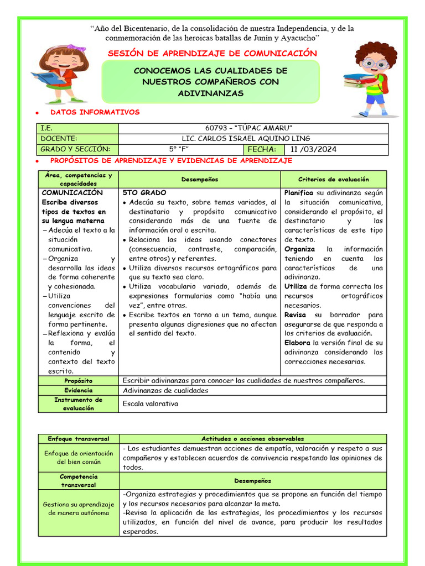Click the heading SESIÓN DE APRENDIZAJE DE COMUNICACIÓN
point(212,54)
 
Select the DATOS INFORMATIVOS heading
point(95,112)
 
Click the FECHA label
point(263,149)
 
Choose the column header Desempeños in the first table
point(199,180)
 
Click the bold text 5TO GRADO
point(144,193)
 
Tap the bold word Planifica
point(299,193)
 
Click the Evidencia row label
point(78,390)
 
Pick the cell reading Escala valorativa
point(151,404)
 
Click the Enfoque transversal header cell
point(78,439)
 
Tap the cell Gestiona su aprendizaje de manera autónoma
point(78,509)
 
